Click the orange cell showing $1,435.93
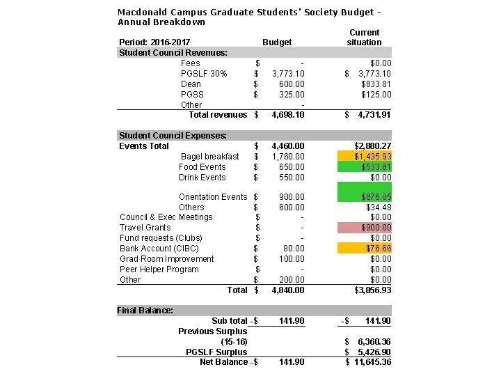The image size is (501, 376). (x=364, y=156)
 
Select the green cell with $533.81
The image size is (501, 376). (x=364, y=166)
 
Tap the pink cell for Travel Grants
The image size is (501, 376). (x=364, y=228)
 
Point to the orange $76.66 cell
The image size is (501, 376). (x=364, y=249)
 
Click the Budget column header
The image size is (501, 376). (x=277, y=42)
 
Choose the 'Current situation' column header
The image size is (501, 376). (x=364, y=38)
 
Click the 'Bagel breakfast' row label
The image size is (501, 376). (x=209, y=157)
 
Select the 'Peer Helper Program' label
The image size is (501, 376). (x=159, y=269)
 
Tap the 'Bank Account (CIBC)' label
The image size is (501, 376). (x=159, y=249)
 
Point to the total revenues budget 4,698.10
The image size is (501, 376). (x=288, y=115)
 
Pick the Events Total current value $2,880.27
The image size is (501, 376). (x=373, y=146)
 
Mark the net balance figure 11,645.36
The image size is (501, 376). (x=373, y=362)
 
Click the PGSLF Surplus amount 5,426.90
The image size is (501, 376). (x=374, y=352)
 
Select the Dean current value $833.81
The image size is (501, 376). (x=376, y=84)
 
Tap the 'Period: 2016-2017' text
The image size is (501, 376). (x=154, y=42)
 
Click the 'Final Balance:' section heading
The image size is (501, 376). (x=145, y=311)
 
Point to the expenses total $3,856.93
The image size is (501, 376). (x=373, y=290)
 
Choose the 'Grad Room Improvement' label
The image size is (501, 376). (x=167, y=259)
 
